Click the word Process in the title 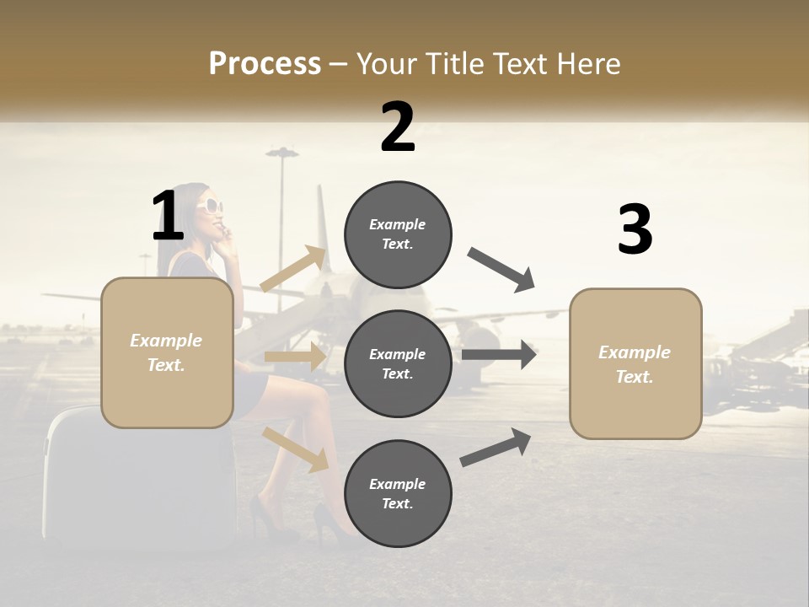(x=265, y=64)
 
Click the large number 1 (x=168, y=217)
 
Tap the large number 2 (x=398, y=127)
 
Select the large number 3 (x=635, y=230)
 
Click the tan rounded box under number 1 (x=167, y=352)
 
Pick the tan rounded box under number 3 (x=635, y=363)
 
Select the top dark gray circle (x=398, y=234)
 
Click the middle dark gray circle (x=398, y=363)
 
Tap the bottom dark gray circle (x=398, y=493)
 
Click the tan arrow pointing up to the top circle (x=293, y=270)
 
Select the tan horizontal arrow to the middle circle (x=295, y=357)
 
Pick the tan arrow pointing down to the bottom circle (x=296, y=449)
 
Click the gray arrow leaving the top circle (x=501, y=270)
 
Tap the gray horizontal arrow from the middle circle (x=499, y=354)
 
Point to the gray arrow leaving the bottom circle (x=496, y=448)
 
